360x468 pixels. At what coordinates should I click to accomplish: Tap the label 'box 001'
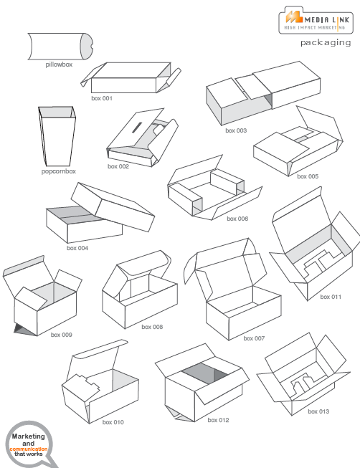tap(101, 97)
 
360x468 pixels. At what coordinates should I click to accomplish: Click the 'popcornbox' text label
tap(58, 171)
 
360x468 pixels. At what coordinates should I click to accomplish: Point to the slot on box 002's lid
tap(134, 129)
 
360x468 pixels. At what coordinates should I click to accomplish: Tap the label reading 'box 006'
tap(237, 219)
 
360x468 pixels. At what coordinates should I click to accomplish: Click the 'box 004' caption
tap(77, 248)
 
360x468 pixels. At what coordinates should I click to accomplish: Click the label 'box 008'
tap(152, 327)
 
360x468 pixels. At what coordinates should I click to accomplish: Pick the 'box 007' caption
tap(254, 338)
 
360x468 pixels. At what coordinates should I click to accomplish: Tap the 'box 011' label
tap(331, 296)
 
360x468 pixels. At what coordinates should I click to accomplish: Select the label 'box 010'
tap(113, 422)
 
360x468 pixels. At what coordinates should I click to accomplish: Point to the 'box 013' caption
tap(318, 411)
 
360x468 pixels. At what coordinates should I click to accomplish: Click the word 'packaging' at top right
tap(326, 43)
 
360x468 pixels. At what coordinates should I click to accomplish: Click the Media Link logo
tap(315, 19)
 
